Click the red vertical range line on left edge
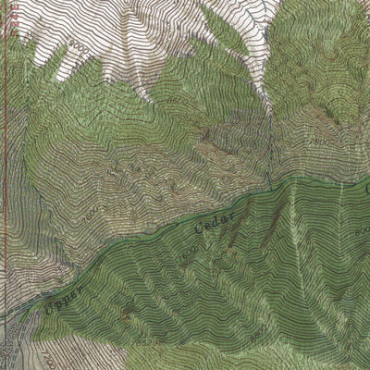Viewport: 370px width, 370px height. (6, 139)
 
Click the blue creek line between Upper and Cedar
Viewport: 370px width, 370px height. (139, 250)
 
